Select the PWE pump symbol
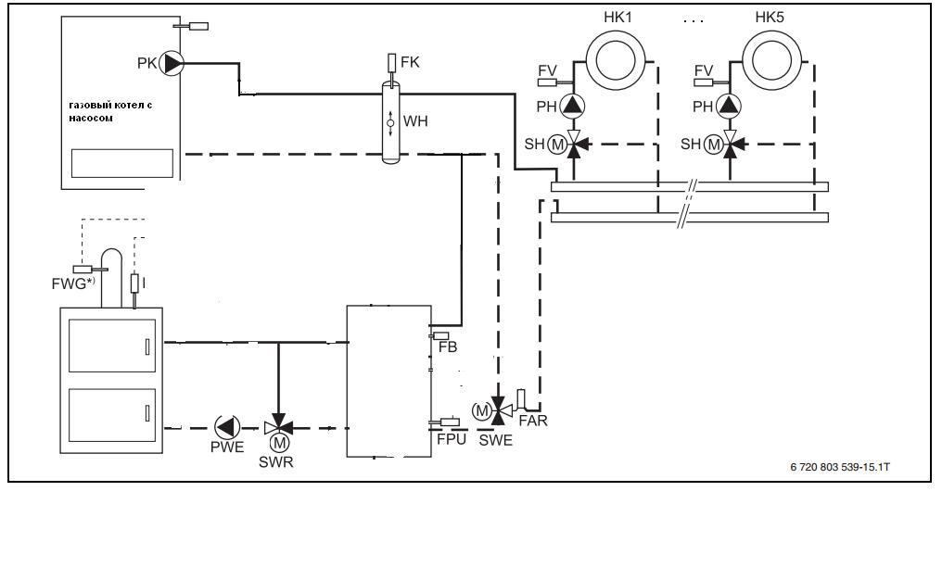(x=226, y=427)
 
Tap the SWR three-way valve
(x=278, y=427)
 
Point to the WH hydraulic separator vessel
(x=390, y=121)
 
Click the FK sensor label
(x=409, y=62)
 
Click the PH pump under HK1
(x=574, y=106)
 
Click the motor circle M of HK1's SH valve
(x=556, y=144)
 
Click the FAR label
(x=533, y=421)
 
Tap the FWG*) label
(x=71, y=283)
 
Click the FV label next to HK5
(x=705, y=71)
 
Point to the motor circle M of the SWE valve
(x=482, y=409)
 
